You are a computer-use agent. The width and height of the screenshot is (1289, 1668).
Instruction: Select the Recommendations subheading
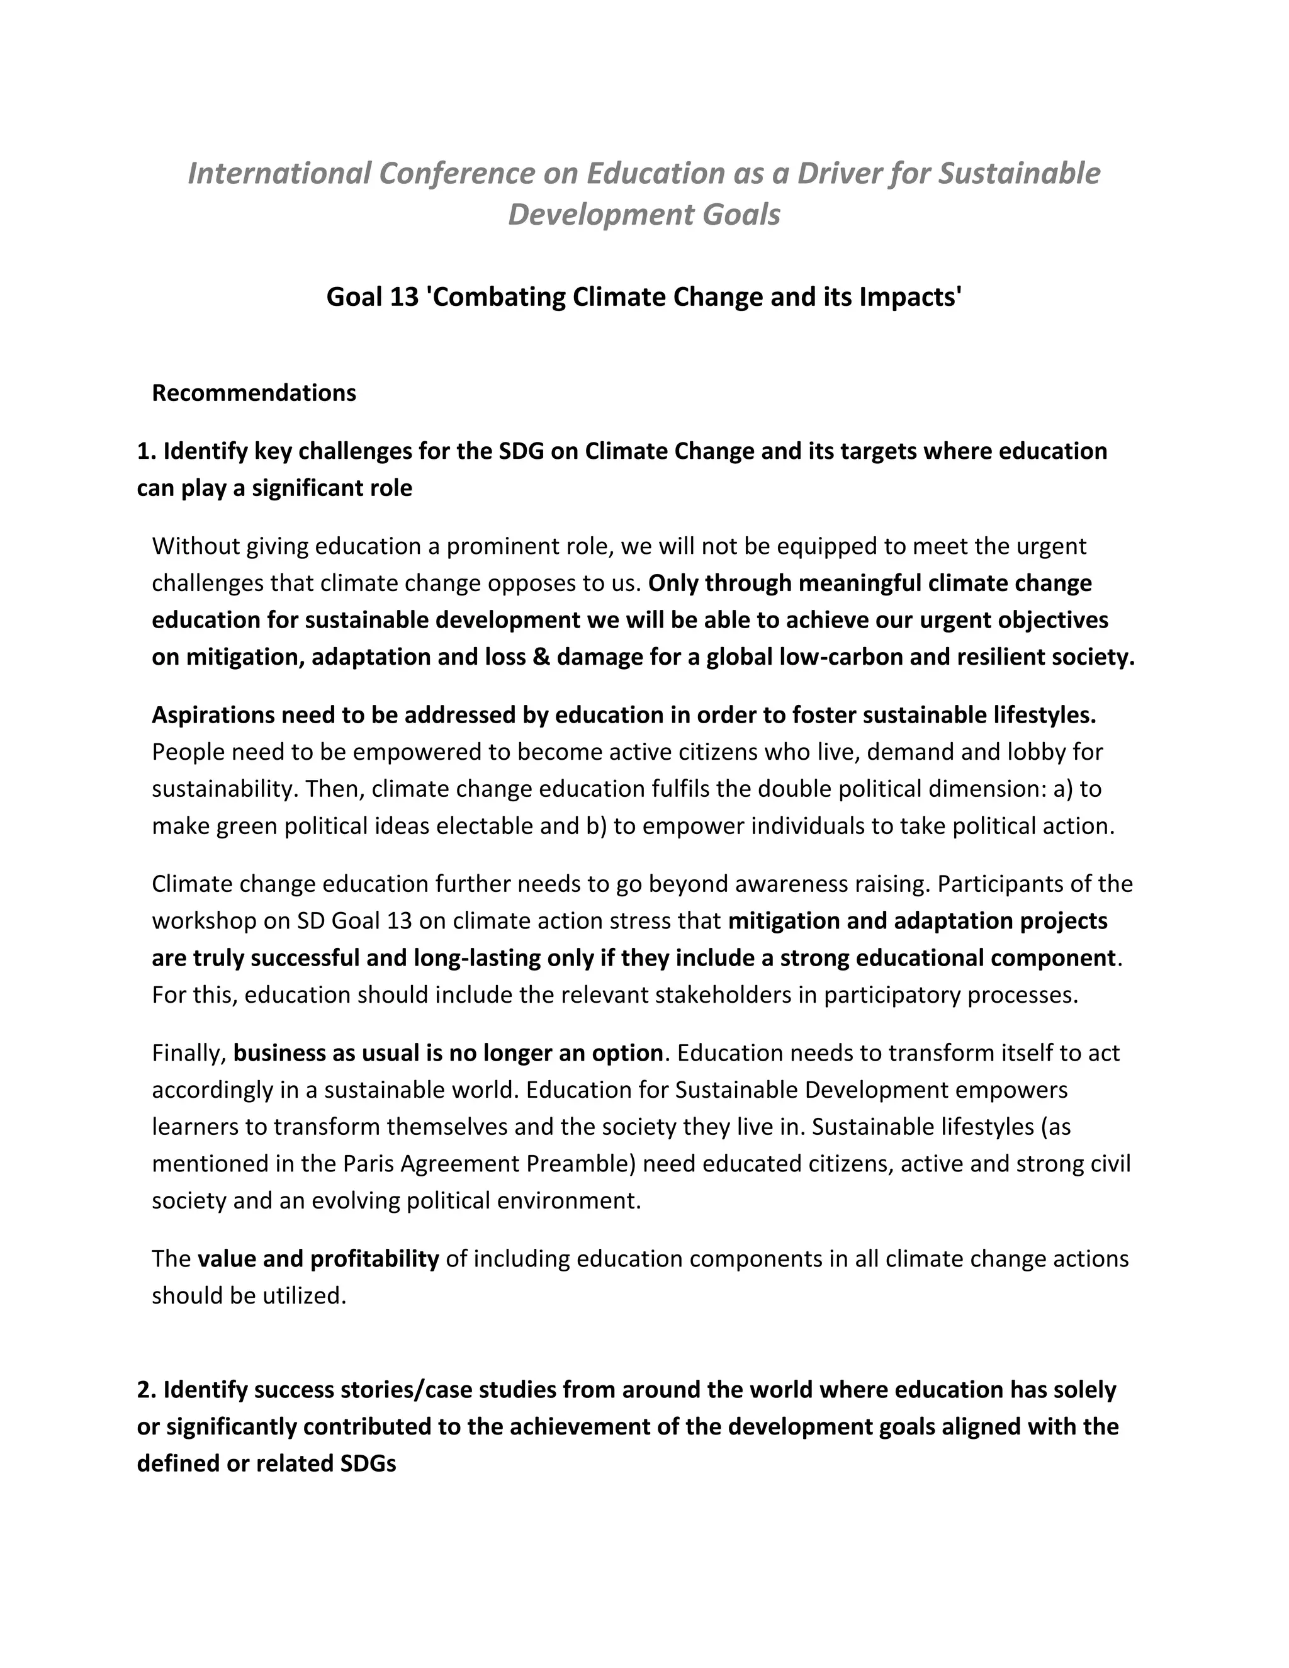254,393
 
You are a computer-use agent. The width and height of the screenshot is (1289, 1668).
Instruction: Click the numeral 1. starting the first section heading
146,451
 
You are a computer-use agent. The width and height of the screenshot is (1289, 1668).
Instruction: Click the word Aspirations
213,715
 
